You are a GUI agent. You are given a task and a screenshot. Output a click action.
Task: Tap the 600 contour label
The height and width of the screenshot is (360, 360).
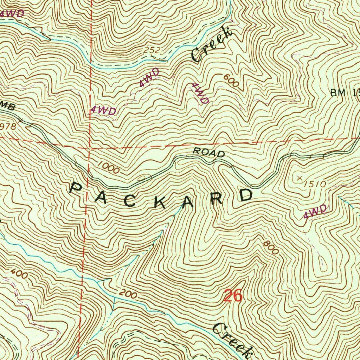coord(231,82)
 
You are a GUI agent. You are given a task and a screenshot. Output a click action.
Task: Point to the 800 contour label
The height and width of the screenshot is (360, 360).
coord(271,248)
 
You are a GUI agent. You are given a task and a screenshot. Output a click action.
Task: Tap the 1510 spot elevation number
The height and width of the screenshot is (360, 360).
coord(316,183)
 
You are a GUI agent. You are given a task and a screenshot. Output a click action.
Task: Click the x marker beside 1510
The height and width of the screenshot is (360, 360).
coord(300,178)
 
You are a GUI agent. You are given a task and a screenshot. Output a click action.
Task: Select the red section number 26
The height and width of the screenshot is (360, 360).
coord(233,296)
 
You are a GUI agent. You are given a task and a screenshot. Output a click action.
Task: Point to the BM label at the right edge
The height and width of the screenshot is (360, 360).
coord(338,93)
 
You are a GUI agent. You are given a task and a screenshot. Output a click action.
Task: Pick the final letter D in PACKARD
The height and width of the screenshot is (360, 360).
coord(246,194)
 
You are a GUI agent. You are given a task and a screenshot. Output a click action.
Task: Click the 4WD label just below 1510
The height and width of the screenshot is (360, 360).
coord(315,212)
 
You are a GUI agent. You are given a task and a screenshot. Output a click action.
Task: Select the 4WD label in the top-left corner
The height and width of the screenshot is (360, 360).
coord(13,14)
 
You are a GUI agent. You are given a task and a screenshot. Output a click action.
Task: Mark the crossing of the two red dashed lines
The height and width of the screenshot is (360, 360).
coord(90,148)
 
